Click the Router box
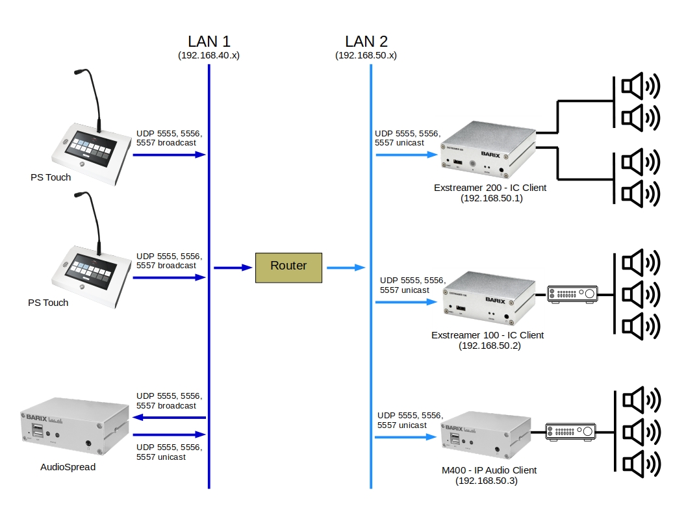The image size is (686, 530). pyautogui.click(x=288, y=267)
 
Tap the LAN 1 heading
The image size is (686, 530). pyautogui.click(x=209, y=42)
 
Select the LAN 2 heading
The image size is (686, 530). pyautogui.click(x=366, y=42)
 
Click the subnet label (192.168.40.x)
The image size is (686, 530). pyautogui.click(x=209, y=56)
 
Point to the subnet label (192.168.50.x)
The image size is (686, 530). pyautogui.click(x=366, y=56)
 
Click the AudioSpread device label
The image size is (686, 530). pyautogui.click(x=68, y=466)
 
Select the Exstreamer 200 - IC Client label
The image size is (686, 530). pyautogui.click(x=490, y=188)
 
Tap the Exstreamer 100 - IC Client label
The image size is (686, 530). pyautogui.click(x=487, y=335)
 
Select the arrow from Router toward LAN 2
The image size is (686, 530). pyautogui.click(x=345, y=268)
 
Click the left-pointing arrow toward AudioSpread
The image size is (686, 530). pyautogui.click(x=169, y=418)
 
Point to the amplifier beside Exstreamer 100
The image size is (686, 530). pyautogui.click(x=572, y=295)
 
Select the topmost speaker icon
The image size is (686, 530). pyautogui.click(x=640, y=86)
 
